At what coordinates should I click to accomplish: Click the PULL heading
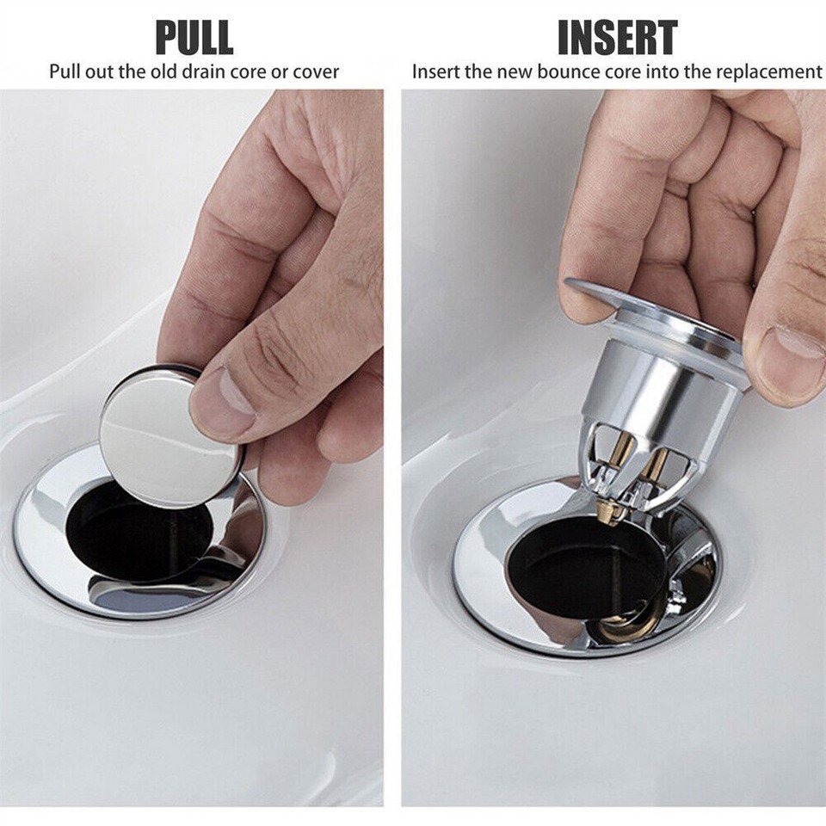click(x=194, y=38)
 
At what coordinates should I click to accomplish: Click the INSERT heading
click(x=617, y=38)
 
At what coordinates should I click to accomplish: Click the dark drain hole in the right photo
click(x=568, y=568)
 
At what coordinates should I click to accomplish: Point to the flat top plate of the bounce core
click(x=602, y=297)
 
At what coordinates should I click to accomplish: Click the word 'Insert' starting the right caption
click(x=436, y=71)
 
